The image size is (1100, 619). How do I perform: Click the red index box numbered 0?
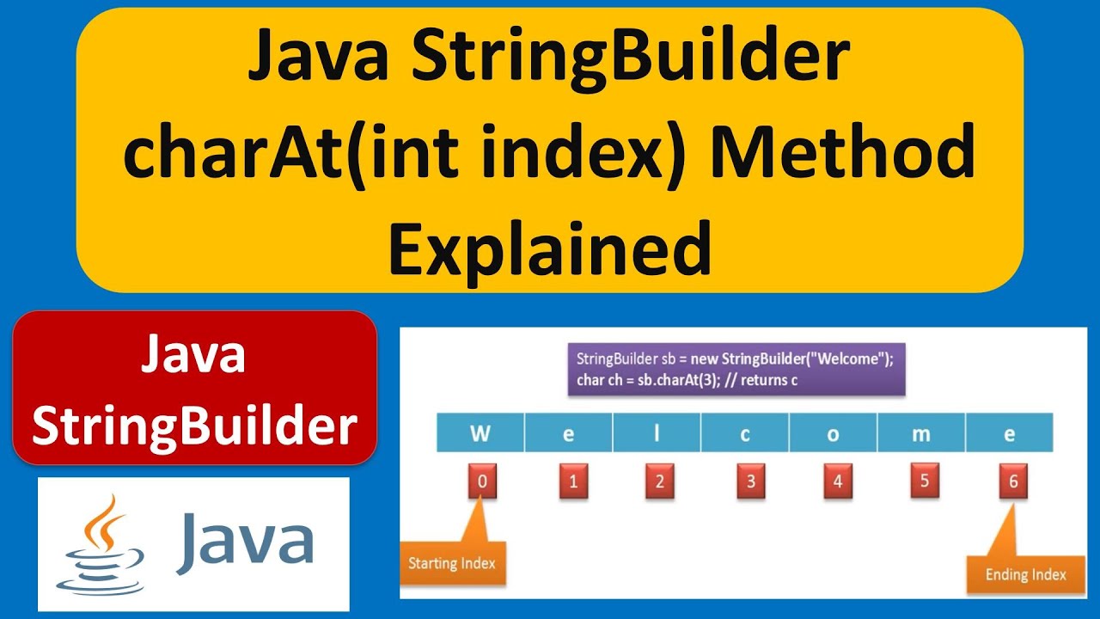click(482, 481)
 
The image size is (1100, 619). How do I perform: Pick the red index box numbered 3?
click(750, 481)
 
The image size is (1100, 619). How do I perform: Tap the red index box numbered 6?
click(1013, 481)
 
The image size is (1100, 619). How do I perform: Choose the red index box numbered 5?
click(925, 480)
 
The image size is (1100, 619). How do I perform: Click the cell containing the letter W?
click(480, 433)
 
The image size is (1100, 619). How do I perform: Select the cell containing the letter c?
click(745, 433)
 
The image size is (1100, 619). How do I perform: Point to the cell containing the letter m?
click(921, 433)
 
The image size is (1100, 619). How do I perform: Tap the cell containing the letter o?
click(833, 433)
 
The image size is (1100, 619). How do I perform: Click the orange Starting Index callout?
click(452, 564)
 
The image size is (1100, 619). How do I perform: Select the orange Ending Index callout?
click(1025, 574)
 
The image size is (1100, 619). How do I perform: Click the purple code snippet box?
click(736, 370)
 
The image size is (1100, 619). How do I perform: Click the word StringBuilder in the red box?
click(195, 425)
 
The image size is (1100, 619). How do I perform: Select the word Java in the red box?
click(194, 355)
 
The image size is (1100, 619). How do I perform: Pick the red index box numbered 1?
click(572, 481)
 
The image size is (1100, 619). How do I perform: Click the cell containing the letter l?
click(657, 433)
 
